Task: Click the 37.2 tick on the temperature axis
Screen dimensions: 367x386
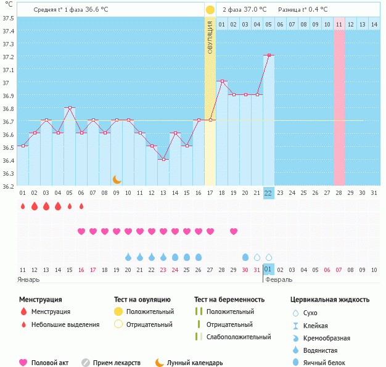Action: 9,57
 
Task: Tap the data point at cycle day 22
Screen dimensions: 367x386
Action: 269,56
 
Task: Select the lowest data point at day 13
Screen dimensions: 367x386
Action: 163,159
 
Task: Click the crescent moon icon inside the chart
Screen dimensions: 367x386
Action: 117,179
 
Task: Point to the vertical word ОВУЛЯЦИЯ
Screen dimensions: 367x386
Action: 210,37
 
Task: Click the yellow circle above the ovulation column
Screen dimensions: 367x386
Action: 210,10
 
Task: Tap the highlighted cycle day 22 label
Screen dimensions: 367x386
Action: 268,193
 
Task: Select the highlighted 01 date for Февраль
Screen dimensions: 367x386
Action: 268,270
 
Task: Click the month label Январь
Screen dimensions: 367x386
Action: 29,279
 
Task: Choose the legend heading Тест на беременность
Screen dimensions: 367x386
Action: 229,300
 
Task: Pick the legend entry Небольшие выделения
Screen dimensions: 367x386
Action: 65,324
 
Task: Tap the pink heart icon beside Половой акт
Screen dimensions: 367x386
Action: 23,363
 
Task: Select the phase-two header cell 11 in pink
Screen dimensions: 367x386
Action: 339,24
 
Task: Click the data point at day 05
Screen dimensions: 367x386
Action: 70,107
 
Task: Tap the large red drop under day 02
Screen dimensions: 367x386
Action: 35,206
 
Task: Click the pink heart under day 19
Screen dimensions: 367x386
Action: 234,231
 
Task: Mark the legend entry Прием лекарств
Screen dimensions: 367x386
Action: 116,363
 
